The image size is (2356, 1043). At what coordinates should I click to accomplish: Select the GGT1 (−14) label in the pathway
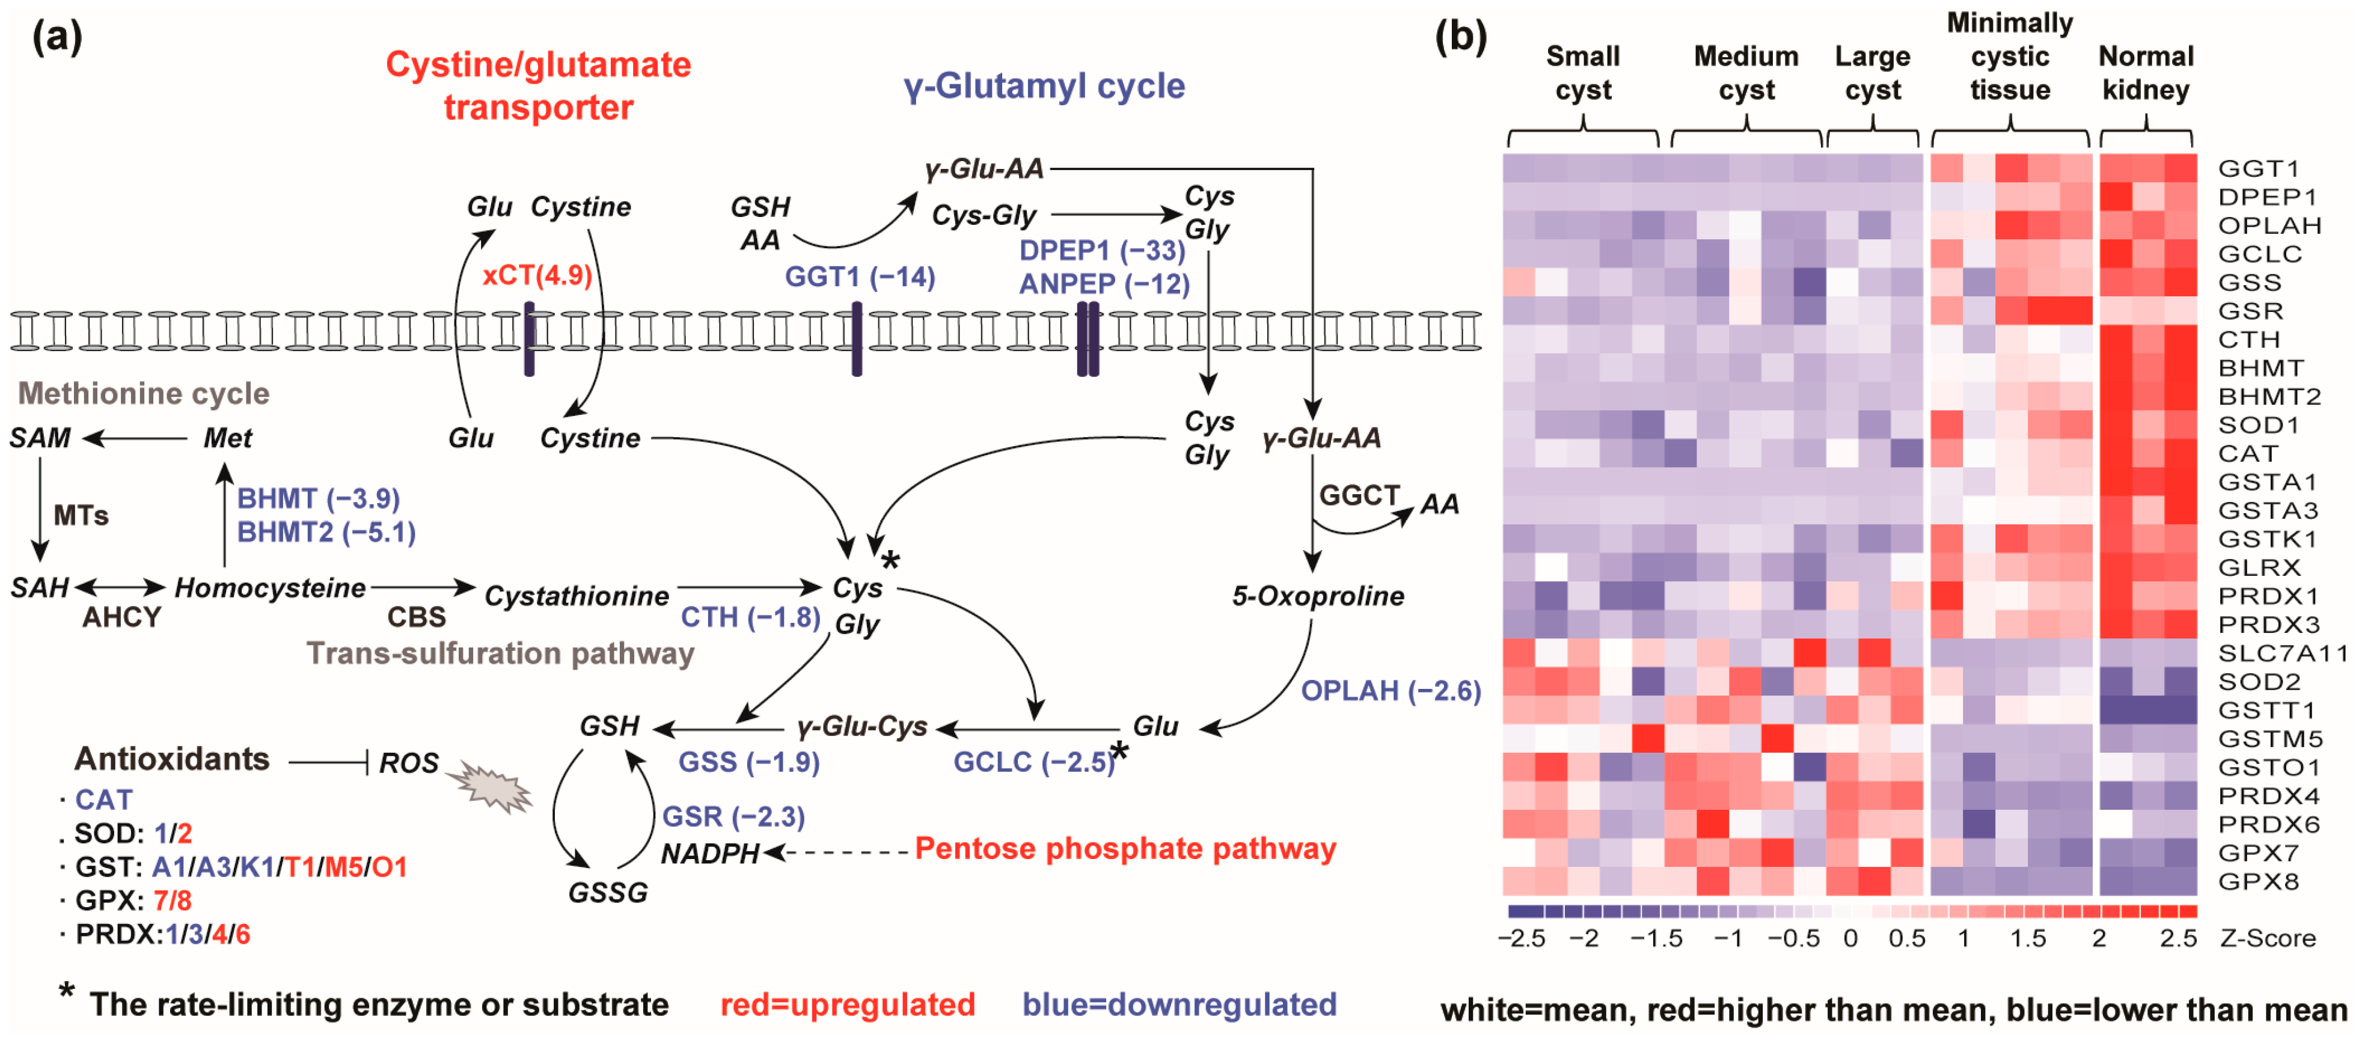(x=860, y=277)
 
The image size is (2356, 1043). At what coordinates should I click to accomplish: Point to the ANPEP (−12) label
(x=1104, y=284)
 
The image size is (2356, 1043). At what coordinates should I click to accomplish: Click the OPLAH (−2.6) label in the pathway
(x=1390, y=690)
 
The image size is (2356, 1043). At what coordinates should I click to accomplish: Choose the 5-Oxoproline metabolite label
(x=1317, y=596)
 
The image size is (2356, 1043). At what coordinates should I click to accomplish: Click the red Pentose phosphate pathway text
(x=1125, y=848)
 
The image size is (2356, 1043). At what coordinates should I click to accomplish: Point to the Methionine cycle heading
(x=144, y=393)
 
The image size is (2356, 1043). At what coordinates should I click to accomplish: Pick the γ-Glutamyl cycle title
(x=1044, y=86)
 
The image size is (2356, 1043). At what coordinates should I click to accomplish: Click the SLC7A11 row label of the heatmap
(x=2282, y=653)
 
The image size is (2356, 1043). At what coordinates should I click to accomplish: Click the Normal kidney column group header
(x=2145, y=73)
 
